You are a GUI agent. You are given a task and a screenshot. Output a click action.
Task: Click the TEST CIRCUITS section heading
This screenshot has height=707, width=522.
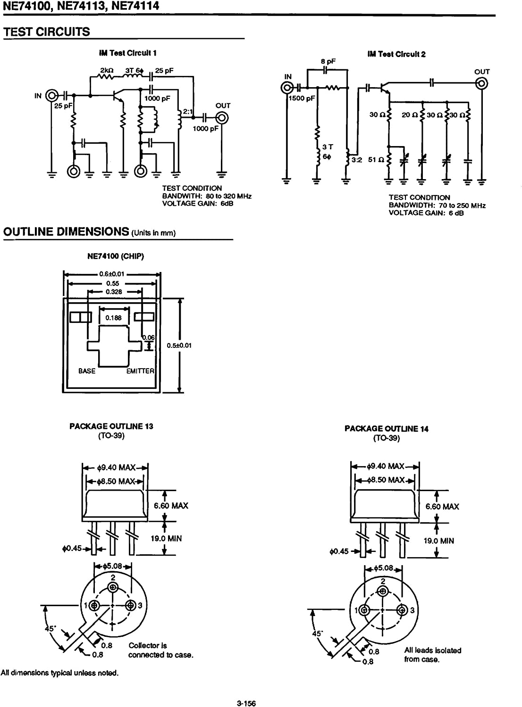click(x=46, y=32)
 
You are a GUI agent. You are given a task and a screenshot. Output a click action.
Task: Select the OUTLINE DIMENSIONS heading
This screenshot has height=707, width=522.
click(x=66, y=231)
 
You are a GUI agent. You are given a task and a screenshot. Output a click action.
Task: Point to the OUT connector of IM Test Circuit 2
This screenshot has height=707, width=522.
click(x=482, y=84)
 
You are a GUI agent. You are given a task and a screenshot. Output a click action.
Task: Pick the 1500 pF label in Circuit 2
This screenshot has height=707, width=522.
click(x=302, y=99)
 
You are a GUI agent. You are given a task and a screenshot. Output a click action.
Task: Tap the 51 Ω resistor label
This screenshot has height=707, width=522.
click(x=375, y=159)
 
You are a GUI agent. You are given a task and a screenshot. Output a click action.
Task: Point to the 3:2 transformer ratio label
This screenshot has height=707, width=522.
click(x=356, y=160)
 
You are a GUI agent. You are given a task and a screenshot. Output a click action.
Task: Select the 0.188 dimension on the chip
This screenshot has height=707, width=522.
click(x=113, y=318)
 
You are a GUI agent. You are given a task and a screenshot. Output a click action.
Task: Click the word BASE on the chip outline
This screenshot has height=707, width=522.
click(x=87, y=371)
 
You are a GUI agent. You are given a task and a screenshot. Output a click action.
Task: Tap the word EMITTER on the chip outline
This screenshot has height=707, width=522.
click(x=140, y=371)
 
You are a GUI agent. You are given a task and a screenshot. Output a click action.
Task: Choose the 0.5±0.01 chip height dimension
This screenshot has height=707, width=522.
click(x=179, y=345)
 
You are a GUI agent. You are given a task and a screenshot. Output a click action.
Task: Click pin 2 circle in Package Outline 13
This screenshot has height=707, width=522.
click(x=112, y=587)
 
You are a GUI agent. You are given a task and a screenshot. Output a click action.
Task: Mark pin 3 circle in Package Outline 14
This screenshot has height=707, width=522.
click(x=402, y=610)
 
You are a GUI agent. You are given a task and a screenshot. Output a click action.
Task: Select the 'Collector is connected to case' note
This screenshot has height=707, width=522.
click(x=160, y=650)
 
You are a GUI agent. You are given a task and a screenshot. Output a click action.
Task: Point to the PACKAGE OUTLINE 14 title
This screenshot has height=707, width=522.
click(x=386, y=428)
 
